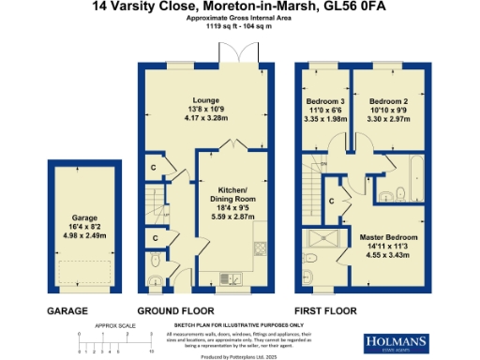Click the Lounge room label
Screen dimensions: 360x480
205,100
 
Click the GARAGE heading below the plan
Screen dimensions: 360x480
67,310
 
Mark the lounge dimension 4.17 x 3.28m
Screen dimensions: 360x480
205,118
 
